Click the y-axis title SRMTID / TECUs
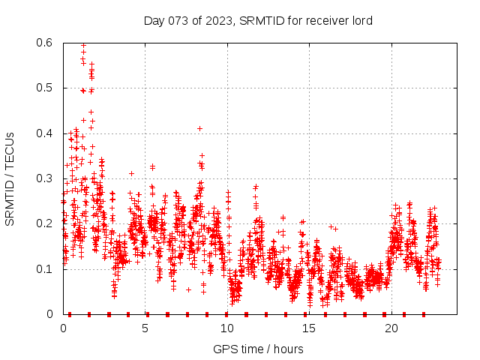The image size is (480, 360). pos(10,178)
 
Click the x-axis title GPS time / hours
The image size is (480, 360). pos(258,349)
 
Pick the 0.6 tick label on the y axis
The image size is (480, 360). pos(45,43)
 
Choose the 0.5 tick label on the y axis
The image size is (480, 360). pos(45,88)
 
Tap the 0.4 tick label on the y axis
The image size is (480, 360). pos(45,133)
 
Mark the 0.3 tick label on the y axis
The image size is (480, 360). pos(45,178)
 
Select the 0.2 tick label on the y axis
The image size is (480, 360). pos(45,223)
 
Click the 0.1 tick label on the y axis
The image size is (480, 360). pos(45,268)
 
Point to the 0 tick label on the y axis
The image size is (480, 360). pos(50,314)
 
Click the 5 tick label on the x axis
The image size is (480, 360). pos(145,328)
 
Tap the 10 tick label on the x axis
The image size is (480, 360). pos(227,328)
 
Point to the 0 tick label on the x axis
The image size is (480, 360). pos(63,328)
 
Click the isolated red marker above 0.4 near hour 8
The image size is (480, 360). pos(199,128)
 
